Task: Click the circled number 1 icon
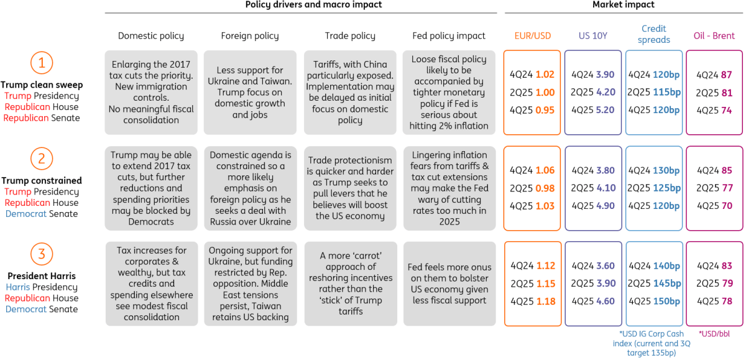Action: pos(42,63)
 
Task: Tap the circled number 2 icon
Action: pos(42,159)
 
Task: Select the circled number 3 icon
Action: pos(42,254)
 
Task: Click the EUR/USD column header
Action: pos(533,35)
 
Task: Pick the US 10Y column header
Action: pos(593,35)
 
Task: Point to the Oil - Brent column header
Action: pos(714,35)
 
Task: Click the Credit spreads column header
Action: pos(654,34)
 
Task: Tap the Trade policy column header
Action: pos(350,35)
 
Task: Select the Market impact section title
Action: pos(624,4)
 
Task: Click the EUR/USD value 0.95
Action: pos(545,110)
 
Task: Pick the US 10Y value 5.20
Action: pos(605,110)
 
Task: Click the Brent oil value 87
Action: pos(726,75)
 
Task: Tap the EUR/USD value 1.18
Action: pos(546,301)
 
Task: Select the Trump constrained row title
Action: pos(42,180)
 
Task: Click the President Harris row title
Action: pos(42,276)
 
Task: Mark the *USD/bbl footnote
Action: pos(714,334)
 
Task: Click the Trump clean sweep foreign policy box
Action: pos(250,93)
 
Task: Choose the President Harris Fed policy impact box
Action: pos(449,284)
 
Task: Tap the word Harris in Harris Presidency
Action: pos(18,287)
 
